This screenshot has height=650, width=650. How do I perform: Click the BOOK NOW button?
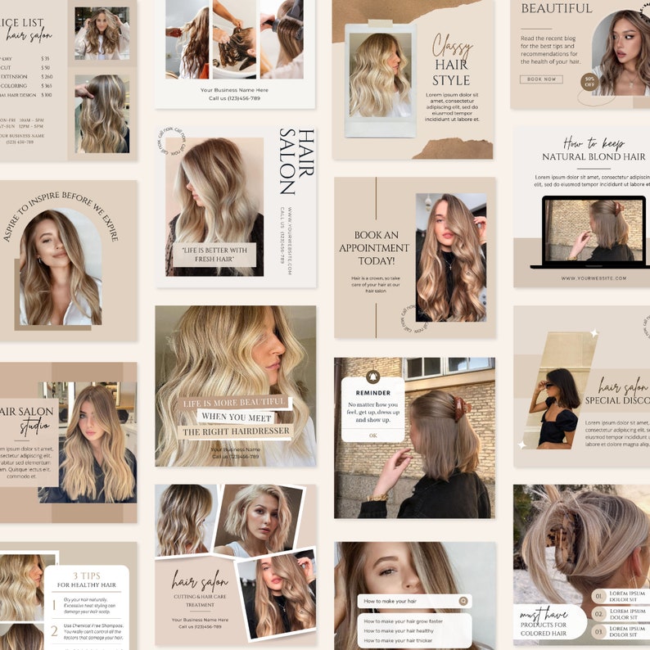[x=541, y=79]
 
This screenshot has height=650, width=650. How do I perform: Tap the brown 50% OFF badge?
[x=589, y=82]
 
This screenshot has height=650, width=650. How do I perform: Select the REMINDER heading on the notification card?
[x=373, y=393]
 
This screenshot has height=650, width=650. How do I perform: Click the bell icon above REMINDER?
[x=373, y=377]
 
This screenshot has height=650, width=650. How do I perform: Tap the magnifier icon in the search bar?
[x=463, y=601]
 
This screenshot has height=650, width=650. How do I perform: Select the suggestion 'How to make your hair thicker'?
[x=399, y=641]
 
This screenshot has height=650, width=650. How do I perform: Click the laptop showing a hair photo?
[x=588, y=232]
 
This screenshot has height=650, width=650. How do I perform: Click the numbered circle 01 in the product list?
[x=599, y=597]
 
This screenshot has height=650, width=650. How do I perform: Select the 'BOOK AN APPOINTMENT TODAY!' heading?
[x=374, y=248]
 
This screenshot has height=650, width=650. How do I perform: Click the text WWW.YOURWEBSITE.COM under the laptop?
[x=594, y=278]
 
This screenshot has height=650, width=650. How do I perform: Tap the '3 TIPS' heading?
[x=86, y=576]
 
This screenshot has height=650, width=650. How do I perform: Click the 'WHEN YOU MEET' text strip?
[x=237, y=417]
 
